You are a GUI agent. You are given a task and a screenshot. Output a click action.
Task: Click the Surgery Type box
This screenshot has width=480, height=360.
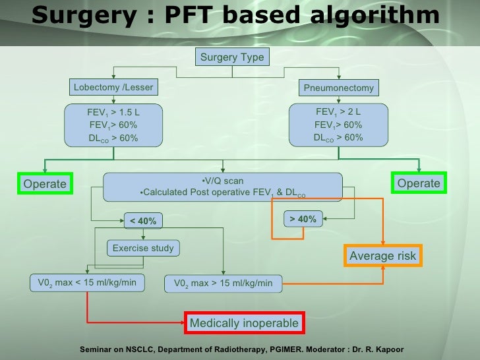pyautogui.click(x=231, y=57)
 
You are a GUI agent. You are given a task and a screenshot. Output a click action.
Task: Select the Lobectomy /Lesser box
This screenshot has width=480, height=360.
pyautogui.click(x=113, y=87)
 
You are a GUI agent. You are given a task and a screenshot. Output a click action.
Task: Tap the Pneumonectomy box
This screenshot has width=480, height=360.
pyautogui.click(x=338, y=88)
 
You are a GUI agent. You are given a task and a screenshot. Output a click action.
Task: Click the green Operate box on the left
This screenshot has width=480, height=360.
pyautogui.click(x=45, y=184)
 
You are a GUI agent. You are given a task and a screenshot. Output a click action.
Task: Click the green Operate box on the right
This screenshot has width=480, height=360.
pyautogui.click(x=419, y=183)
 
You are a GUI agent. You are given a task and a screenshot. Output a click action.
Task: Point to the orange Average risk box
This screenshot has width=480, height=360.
pyautogui.click(x=382, y=256)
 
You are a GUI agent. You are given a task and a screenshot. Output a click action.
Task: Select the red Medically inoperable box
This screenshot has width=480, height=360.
pyautogui.click(x=244, y=323)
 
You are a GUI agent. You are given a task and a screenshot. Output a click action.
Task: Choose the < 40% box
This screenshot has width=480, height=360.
pyautogui.click(x=142, y=221)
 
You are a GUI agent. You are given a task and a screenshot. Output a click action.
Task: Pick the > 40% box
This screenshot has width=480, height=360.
pyautogui.click(x=303, y=219)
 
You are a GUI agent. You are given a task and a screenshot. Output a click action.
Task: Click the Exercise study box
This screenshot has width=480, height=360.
pyautogui.click(x=143, y=249)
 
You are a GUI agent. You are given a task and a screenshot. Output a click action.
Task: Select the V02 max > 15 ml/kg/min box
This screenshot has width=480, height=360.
pyautogui.click(x=223, y=284)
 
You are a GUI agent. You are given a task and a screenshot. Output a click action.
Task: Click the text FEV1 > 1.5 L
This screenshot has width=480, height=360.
pyautogui.click(x=113, y=112)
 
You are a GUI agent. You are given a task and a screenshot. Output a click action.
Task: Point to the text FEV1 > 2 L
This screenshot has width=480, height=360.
pyautogui.click(x=338, y=112)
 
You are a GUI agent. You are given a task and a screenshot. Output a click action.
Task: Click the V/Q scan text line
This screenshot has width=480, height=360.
pyautogui.click(x=222, y=181)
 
